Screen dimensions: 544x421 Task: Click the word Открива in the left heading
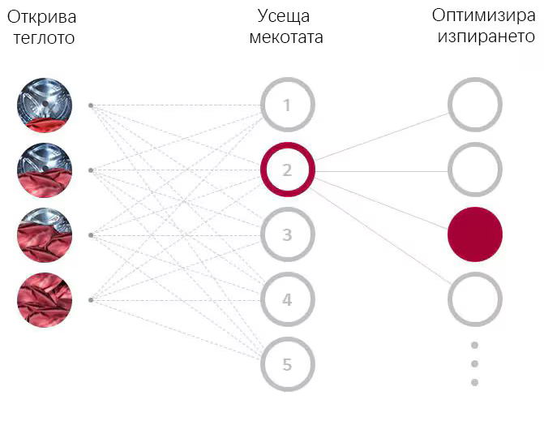41,17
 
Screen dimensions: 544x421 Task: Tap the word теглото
44,38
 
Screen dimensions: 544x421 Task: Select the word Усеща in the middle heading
284,17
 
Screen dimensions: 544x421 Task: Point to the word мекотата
286,37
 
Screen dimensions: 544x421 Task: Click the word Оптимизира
484,16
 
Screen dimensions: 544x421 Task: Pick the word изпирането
486,37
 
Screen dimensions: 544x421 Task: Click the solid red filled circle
475,234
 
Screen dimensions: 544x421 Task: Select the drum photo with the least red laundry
45,105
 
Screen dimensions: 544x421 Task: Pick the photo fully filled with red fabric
45,300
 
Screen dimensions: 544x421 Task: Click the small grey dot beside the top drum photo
91,105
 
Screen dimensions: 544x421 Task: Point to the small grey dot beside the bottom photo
91,300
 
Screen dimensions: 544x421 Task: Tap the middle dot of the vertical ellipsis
475,363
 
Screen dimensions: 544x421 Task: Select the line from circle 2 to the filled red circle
381,204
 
